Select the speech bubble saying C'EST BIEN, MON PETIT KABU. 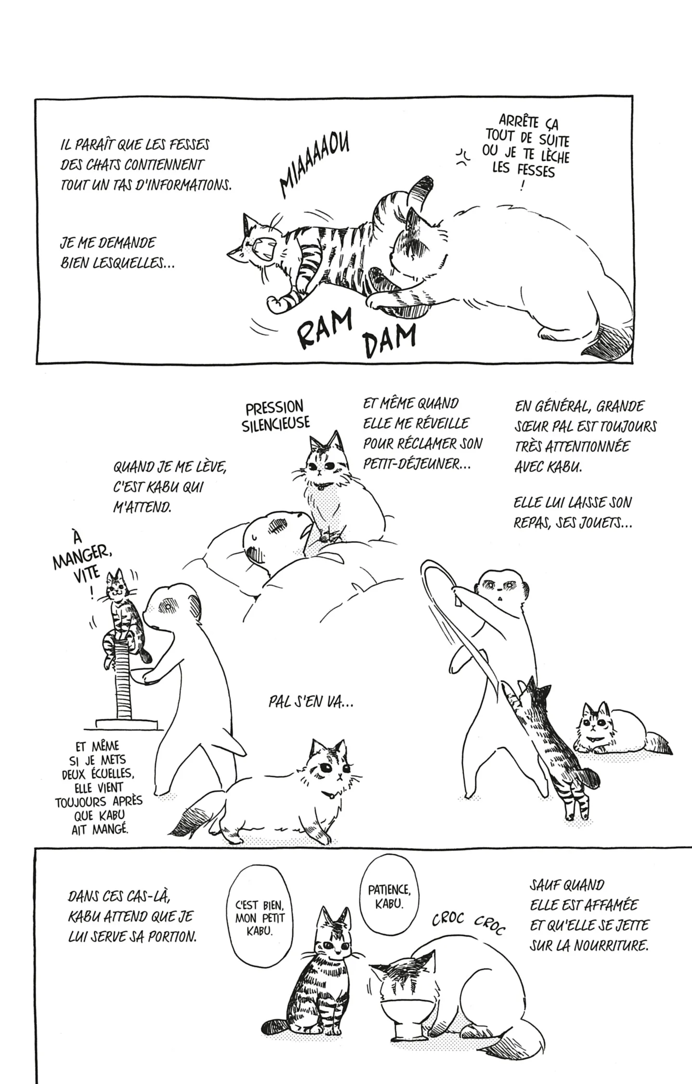click(253, 917)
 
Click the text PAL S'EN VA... click(311, 703)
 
